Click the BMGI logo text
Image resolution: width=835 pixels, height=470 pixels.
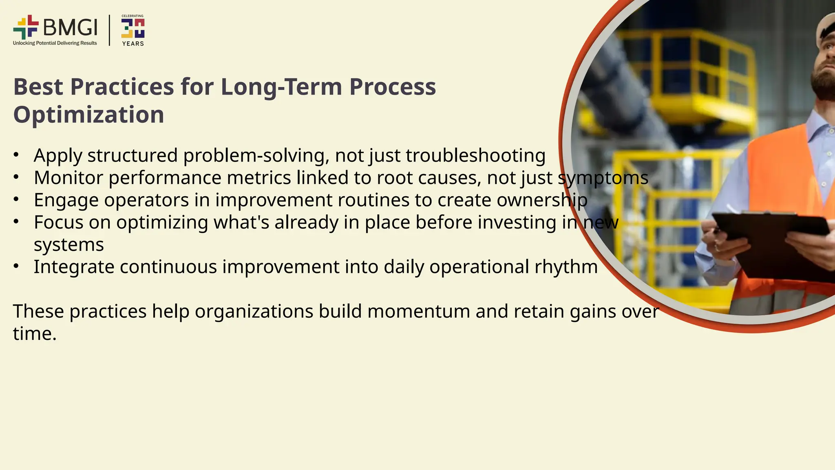click(x=70, y=27)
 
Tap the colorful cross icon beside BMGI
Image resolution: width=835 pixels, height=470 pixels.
click(x=26, y=27)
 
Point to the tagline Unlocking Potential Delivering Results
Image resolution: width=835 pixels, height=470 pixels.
click(x=55, y=43)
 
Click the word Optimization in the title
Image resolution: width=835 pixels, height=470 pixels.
click(x=88, y=115)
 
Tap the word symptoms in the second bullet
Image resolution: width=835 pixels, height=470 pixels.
click(x=603, y=178)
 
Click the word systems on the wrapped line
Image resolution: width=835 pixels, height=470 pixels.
click(x=68, y=245)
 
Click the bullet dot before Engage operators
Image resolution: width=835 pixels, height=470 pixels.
click(x=16, y=199)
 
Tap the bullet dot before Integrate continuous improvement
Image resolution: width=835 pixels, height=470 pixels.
click(x=16, y=266)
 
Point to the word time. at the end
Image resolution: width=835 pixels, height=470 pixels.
click(x=35, y=334)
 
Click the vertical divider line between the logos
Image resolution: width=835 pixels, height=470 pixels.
click(x=109, y=30)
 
